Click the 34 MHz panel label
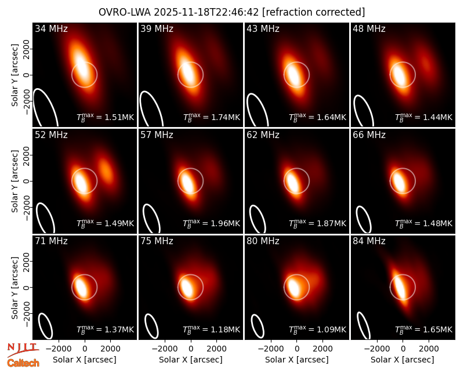[x=51, y=28]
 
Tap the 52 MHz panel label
[x=51, y=135]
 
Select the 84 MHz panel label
[x=369, y=241]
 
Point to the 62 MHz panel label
[x=263, y=135]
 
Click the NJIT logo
[x=23, y=350]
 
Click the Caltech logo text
[x=23, y=363]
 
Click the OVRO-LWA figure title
[x=231, y=12]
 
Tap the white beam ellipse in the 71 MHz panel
[x=46, y=326]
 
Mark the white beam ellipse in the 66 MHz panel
[x=364, y=219]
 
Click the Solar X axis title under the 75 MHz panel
[x=191, y=360]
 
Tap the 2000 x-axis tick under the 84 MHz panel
[x=429, y=349]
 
